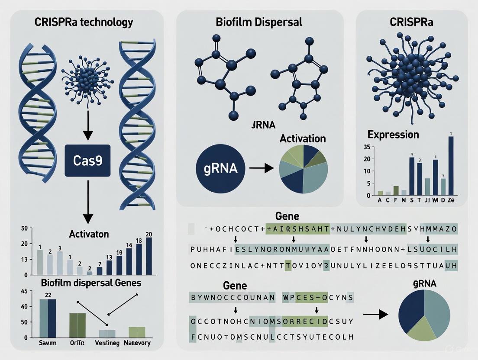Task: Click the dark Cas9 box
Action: pyautogui.click(x=87, y=161)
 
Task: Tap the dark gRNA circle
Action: pyautogui.click(x=220, y=167)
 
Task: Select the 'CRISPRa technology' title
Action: pyautogui.click(x=84, y=22)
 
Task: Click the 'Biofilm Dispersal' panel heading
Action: pyautogui.click(x=260, y=22)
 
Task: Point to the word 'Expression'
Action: pyautogui.click(x=393, y=134)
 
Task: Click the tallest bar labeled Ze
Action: pyautogui.click(x=451, y=165)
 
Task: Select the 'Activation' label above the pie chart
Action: pyautogui.click(x=303, y=139)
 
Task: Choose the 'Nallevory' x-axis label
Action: pyautogui.click(x=136, y=343)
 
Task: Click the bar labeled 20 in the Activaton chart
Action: pyautogui.click(x=149, y=256)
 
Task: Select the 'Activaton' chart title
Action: pyautogui.click(x=89, y=234)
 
